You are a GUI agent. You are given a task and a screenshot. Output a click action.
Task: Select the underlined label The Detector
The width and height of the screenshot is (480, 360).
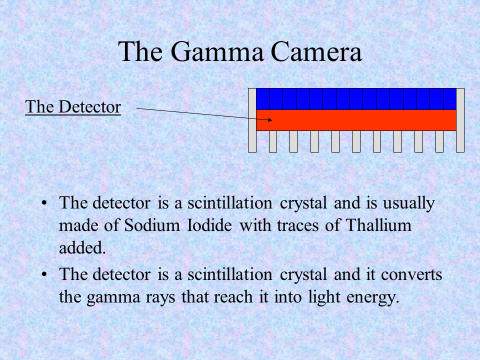click(73, 107)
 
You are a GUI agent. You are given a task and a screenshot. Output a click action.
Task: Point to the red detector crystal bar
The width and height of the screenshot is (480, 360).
click(356, 120)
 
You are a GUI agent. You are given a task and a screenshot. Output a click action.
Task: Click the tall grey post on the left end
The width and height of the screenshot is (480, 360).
click(252, 120)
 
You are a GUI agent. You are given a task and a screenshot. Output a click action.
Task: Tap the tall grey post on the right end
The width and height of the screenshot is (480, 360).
click(460, 120)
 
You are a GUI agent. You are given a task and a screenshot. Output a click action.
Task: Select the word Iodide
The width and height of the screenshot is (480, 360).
click(210, 225)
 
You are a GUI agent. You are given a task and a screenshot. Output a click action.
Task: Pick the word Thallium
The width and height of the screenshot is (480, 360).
click(378, 225)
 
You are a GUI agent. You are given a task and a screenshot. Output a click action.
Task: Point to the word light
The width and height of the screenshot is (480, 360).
click(324, 297)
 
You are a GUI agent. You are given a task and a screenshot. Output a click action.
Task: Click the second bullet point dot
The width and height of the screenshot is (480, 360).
click(45, 274)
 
